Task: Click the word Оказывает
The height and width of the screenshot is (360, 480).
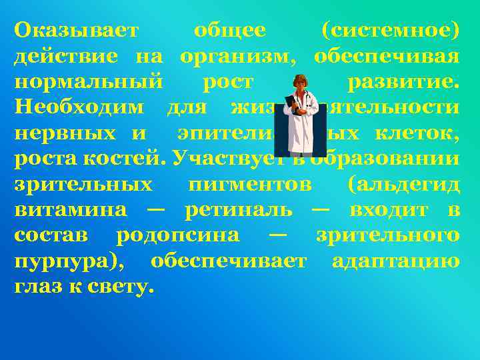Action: click(77, 31)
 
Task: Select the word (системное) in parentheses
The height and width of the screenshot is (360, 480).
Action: click(390, 31)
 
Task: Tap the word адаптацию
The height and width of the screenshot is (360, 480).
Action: click(395, 260)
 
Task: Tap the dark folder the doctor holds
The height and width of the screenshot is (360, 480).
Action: click(291, 106)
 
